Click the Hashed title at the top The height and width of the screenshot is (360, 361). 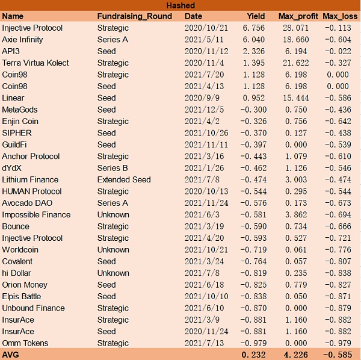tap(180, 5)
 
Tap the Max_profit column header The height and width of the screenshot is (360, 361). tap(298, 16)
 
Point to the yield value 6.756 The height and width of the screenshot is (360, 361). tap(254, 28)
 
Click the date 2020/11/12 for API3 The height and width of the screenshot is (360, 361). tap(206, 52)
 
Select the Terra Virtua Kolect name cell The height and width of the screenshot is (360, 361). tap(35, 63)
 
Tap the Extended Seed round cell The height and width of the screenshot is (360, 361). tap(124, 180)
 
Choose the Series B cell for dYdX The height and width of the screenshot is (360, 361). tap(113, 168)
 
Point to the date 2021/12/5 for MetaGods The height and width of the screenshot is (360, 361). tap(204, 110)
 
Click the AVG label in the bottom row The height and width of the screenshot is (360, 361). tap(11, 355)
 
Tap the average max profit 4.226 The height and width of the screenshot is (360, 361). tap(298, 355)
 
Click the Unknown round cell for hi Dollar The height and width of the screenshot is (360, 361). tap(113, 273)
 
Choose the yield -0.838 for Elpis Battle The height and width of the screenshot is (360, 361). tap(251, 297)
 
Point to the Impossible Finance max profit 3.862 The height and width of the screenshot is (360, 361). tap(298, 215)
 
